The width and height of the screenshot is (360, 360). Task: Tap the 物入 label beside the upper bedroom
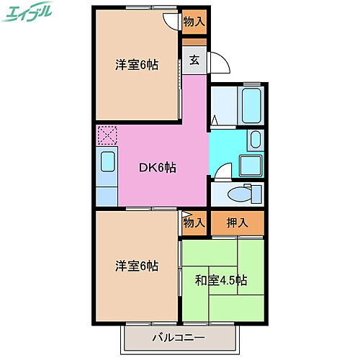click(x=194, y=22)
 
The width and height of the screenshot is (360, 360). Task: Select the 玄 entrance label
click(x=194, y=60)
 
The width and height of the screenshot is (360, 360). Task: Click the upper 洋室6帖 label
click(x=137, y=64)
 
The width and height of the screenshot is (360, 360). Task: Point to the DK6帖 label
click(x=157, y=168)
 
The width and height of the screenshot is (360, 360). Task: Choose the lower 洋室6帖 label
click(x=137, y=266)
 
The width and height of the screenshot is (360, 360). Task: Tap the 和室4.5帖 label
click(x=221, y=280)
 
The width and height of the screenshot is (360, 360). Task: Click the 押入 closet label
click(x=238, y=223)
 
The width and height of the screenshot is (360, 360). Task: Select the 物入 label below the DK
click(x=194, y=223)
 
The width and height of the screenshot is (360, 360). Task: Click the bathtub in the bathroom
click(x=251, y=105)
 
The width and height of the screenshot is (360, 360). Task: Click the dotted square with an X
click(x=107, y=135)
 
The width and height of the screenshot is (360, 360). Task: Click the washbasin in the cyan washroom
click(x=255, y=139)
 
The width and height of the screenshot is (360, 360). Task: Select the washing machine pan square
click(x=251, y=165)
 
